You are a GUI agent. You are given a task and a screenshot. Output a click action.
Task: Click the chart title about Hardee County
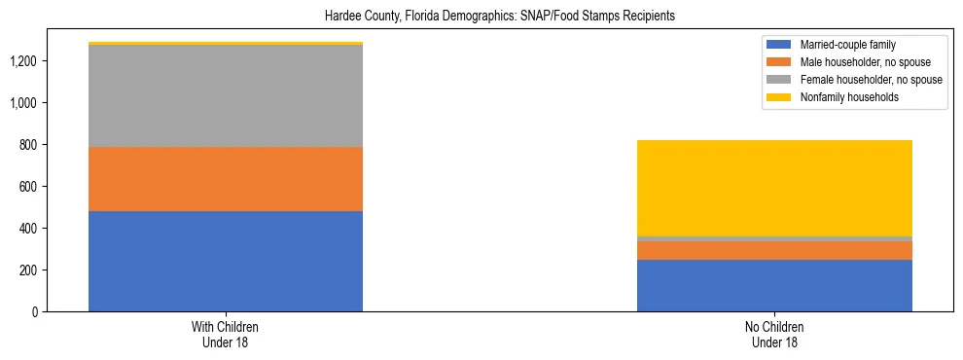pyautogui.click(x=481, y=17)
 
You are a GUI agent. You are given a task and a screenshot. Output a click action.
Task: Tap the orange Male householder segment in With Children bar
pyautogui.click(x=226, y=179)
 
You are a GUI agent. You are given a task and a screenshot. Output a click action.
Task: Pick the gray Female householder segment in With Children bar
pyautogui.click(x=226, y=95)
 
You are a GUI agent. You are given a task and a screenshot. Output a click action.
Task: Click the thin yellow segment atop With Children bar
pyautogui.click(x=226, y=43)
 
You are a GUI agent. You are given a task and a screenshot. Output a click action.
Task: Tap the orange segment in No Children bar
pyautogui.click(x=774, y=250)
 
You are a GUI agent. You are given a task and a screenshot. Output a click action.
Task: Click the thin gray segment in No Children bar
pyautogui.click(x=774, y=238)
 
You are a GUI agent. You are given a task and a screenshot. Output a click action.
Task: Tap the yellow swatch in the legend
pyautogui.click(x=779, y=97)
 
